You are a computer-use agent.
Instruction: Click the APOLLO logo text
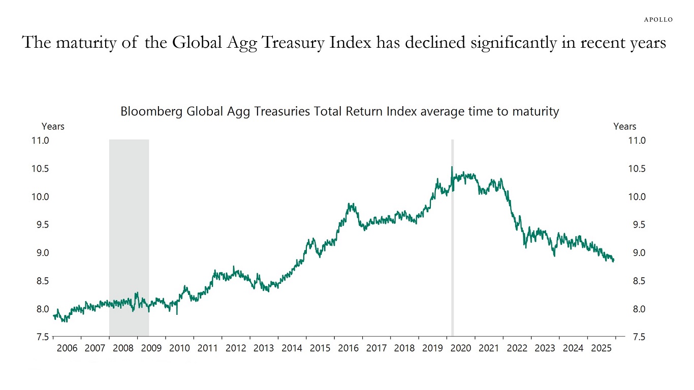coord(658,19)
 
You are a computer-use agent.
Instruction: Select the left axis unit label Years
coord(53,126)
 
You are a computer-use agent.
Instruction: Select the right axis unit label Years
coord(624,126)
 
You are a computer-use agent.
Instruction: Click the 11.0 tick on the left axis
coord(39,141)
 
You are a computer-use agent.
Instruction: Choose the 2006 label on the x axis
coord(67,348)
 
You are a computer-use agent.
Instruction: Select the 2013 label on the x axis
coord(264,348)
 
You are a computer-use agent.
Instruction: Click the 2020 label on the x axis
coord(461,348)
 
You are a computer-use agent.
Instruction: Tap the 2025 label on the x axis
coord(602,348)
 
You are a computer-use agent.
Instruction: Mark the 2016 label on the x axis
coord(348,348)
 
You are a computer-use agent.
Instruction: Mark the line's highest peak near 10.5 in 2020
coord(452,167)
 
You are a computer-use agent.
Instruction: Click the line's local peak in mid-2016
coord(350,204)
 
